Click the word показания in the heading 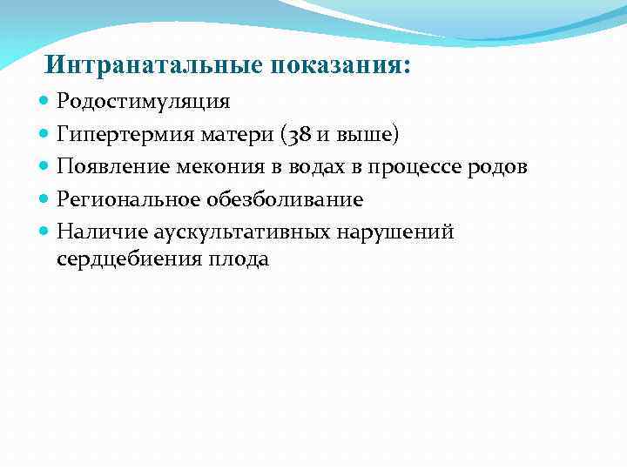[340, 66]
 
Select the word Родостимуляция [144, 102]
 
